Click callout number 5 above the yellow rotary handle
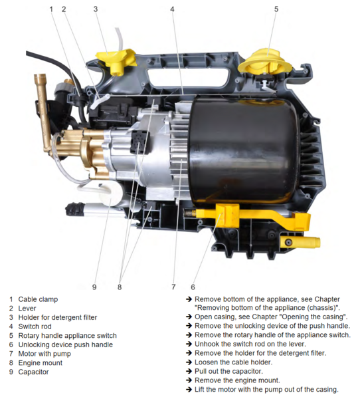click(276, 9)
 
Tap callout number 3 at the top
click(96, 9)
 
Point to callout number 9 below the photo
click(94, 287)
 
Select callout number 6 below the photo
click(193, 287)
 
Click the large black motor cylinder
click(243, 150)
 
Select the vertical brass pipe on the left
click(43, 112)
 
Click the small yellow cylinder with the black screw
click(300, 242)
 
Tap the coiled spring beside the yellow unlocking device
click(189, 213)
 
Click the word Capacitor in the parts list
click(33, 372)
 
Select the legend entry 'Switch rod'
click(35, 327)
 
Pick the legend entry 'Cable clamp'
click(38, 299)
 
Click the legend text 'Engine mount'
click(40, 363)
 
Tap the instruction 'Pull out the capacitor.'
click(228, 371)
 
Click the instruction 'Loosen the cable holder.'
click(233, 362)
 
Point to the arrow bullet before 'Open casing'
click(189, 317)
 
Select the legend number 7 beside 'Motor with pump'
click(11, 354)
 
